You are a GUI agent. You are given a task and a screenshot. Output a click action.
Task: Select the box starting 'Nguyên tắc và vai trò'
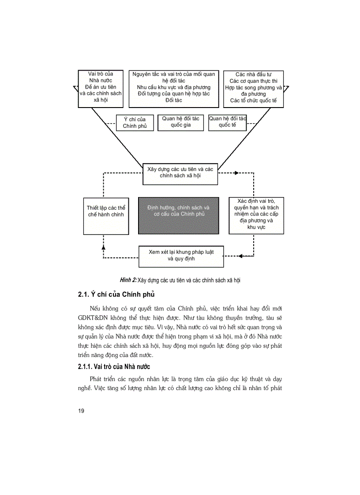pos(173,89)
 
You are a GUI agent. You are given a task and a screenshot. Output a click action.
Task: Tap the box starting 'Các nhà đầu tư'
pos(253,89)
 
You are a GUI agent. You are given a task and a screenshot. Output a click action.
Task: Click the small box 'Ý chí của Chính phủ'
pos(135,123)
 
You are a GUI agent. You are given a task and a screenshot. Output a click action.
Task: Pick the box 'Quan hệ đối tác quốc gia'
pos(180,122)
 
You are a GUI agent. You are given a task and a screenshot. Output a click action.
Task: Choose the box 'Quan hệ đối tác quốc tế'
pos(227,122)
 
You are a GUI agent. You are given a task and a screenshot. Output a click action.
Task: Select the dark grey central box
pos(178,215)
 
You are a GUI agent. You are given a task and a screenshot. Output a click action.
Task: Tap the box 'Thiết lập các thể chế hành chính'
pos(105,216)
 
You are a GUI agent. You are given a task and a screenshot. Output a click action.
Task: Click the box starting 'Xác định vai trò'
pos(256,215)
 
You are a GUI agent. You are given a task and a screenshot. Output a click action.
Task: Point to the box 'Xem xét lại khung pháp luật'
pos(181,256)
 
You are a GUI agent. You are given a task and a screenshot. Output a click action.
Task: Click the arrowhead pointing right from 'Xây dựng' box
pos(236,173)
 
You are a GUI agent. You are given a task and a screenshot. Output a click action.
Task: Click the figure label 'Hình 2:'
pos(128,280)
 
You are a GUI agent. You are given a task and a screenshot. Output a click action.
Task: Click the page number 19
pos(81,411)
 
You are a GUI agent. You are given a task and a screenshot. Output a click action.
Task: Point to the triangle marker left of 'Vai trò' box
pos(74,89)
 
